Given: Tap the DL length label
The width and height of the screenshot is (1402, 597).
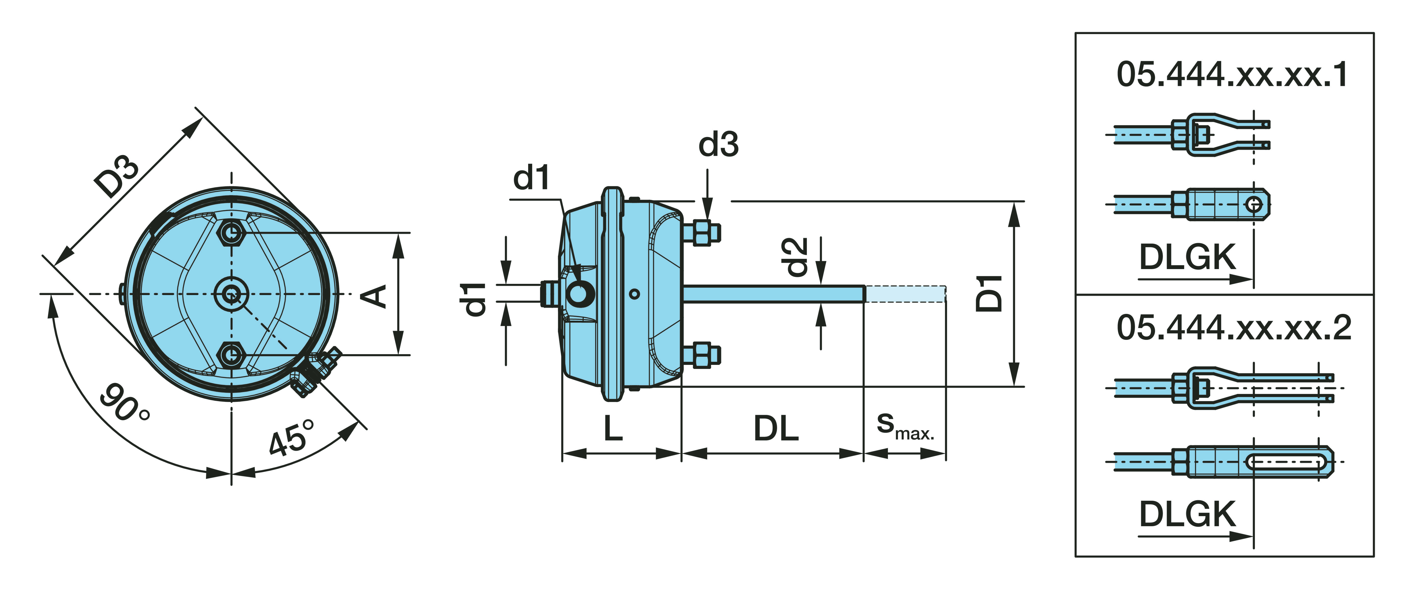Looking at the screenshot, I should [776, 429].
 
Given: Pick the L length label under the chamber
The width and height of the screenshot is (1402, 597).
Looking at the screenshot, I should [613, 429].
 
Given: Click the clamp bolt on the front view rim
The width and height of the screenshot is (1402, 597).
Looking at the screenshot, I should [316, 370].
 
